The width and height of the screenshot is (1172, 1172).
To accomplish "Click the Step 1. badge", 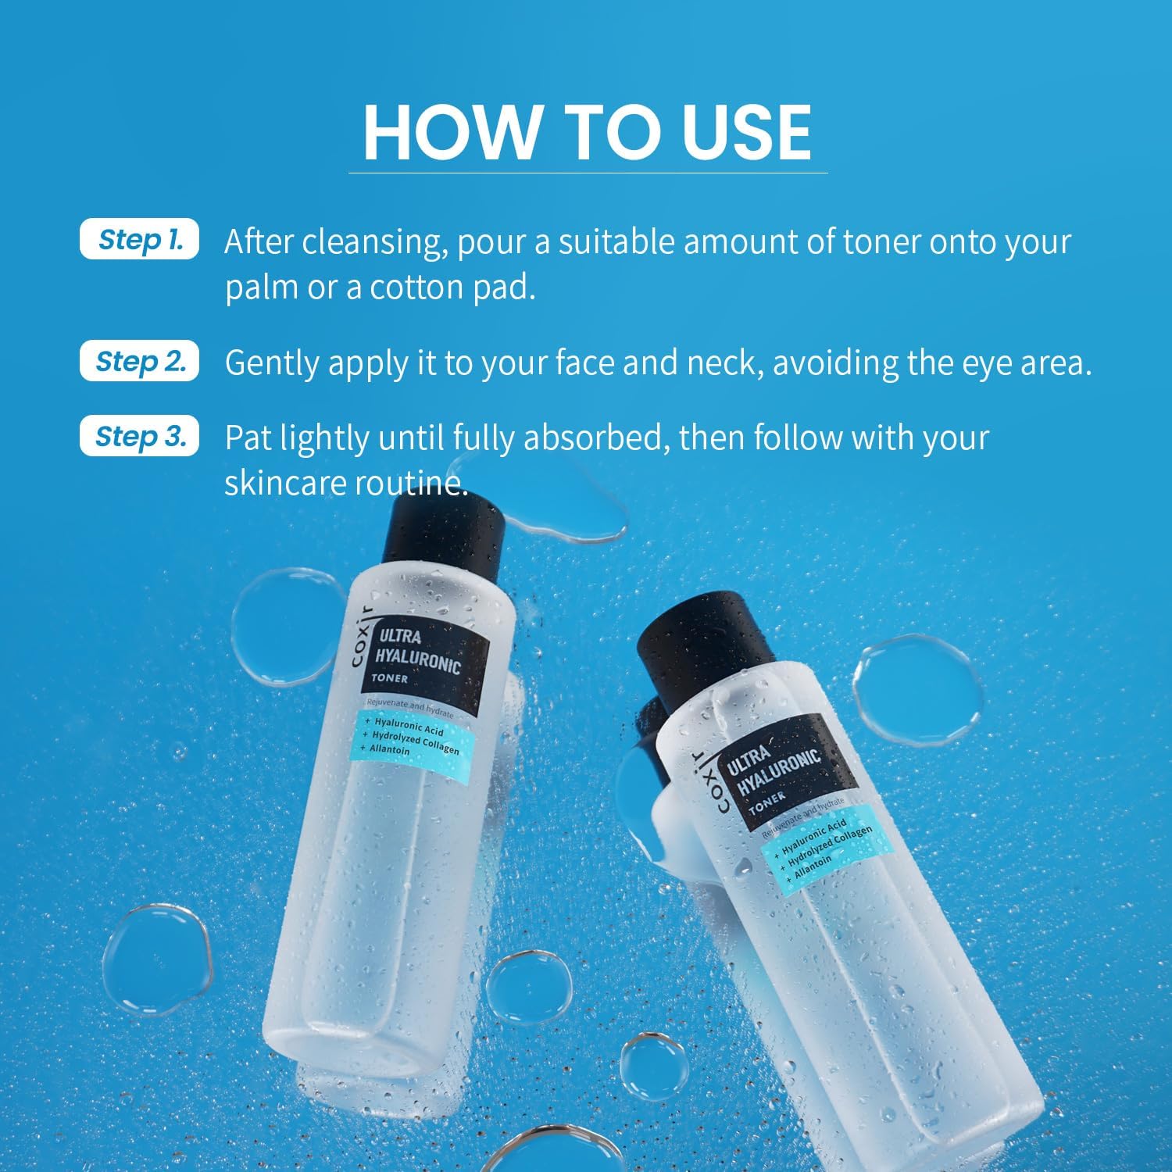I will click(140, 240).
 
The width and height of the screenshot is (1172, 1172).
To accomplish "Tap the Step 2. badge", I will click(140, 362).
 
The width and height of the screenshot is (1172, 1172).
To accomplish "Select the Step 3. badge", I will click(140, 437).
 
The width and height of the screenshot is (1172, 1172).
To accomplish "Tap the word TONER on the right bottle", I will click(766, 801).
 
